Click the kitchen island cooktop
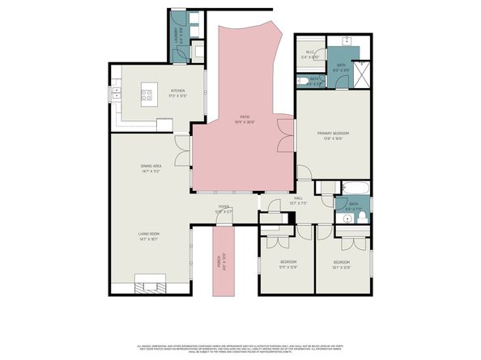149,94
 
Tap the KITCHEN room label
177,92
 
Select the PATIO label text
240,118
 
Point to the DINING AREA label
151,168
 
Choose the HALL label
298,201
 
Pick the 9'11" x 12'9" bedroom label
288,264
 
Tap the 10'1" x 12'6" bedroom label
342,264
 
